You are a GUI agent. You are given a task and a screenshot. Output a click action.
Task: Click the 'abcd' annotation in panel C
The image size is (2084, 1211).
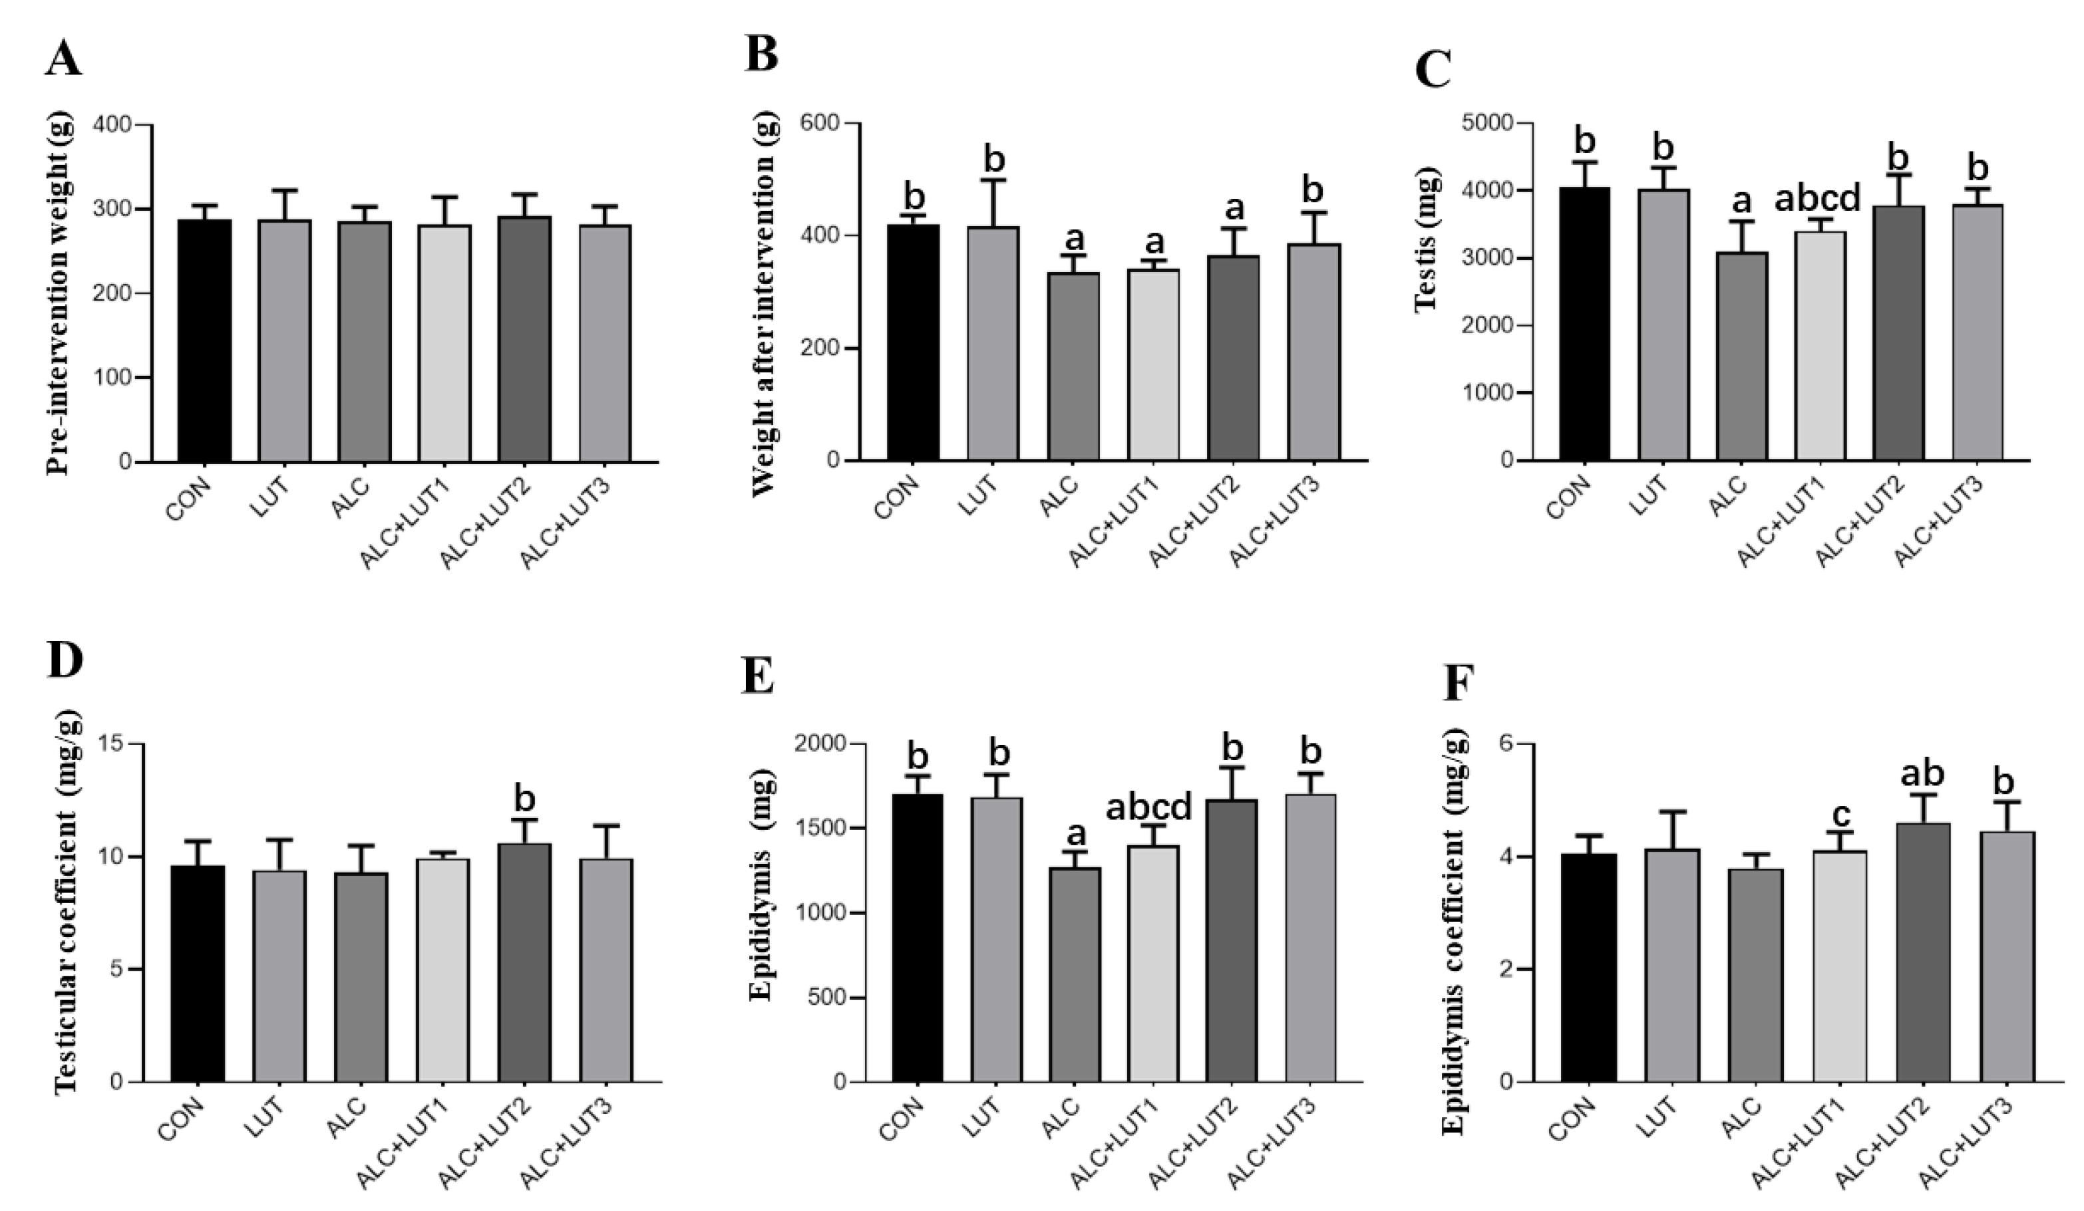coord(1818,198)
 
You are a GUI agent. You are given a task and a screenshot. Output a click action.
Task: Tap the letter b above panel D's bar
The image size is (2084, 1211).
coord(524,799)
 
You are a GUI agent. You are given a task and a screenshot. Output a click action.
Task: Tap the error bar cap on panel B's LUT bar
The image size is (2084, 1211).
coord(992,180)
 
